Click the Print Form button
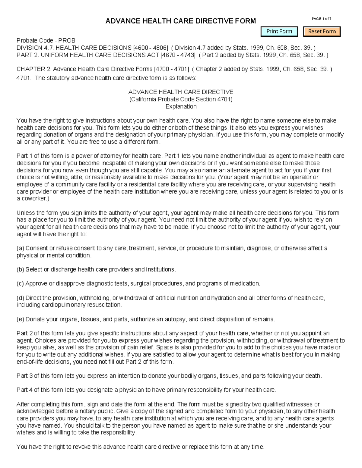click(279, 31)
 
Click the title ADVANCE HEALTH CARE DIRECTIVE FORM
click(180, 21)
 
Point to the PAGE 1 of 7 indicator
click(321, 19)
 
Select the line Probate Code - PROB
click(46, 40)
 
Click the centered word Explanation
click(181, 106)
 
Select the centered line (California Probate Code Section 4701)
click(181, 99)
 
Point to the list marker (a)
click(20, 248)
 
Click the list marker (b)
click(20, 269)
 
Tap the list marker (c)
click(20, 284)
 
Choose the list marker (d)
click(20, 298)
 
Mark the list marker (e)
click(20, 319)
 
